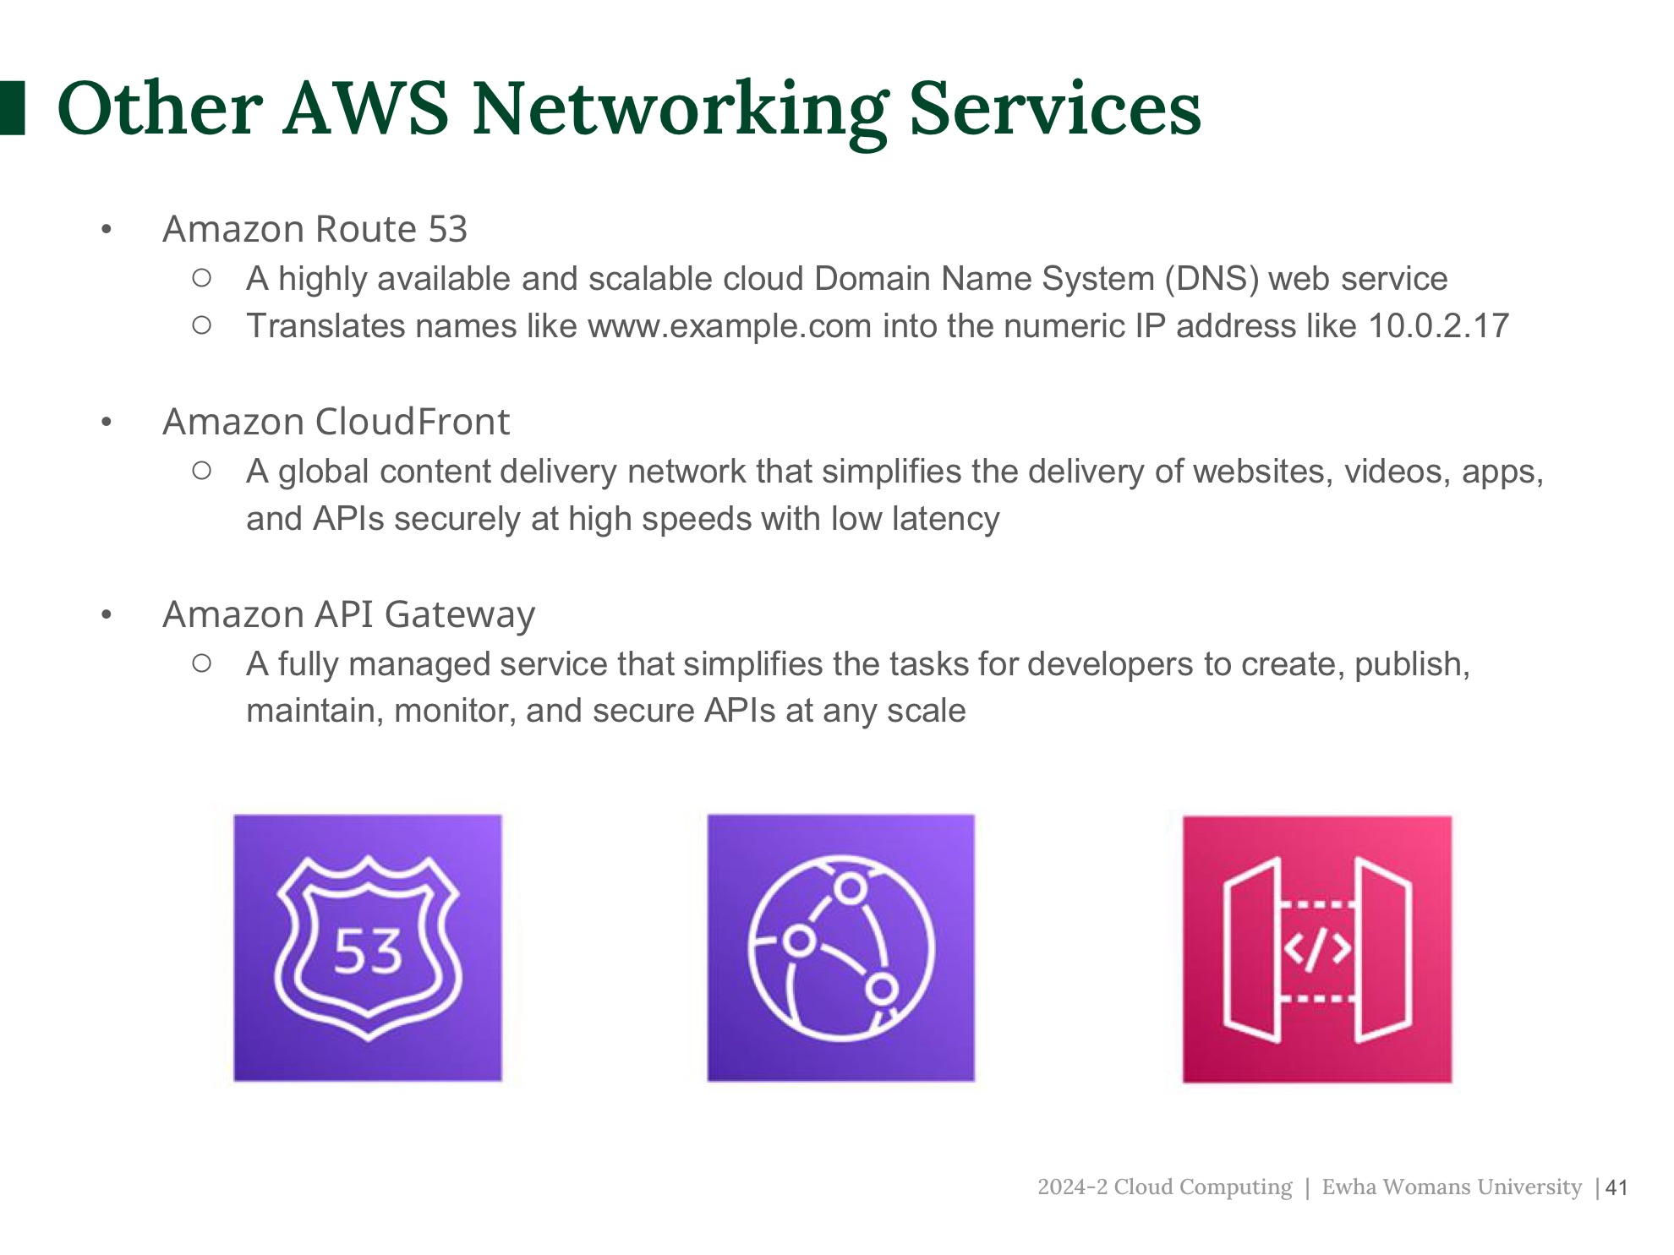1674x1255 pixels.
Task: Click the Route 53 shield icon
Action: (368, 947)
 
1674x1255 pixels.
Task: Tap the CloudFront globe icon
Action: (841, 947)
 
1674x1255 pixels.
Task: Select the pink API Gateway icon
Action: (1316, 949)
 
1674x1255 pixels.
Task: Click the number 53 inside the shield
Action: (368, 952)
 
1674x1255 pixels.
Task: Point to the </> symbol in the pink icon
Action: (1316, 949)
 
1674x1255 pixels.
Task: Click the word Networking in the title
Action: (680, 109)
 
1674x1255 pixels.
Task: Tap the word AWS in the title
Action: (366, 109)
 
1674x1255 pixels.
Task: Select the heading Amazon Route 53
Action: (315, 229)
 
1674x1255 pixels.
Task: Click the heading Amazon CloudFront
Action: (336, 422)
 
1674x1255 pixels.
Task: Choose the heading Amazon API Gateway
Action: (348, 614)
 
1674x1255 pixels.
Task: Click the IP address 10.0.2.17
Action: (1438, 326)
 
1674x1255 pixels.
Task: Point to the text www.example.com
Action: (729, 326)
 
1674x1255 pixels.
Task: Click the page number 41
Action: (1617, 1187)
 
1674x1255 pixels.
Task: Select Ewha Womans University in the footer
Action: (1451, 1187)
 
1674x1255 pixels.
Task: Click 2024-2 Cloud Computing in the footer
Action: (1164, 1187)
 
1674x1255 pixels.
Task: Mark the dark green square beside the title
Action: (12, 108)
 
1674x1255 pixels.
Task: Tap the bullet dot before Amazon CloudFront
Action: (107, 422)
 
